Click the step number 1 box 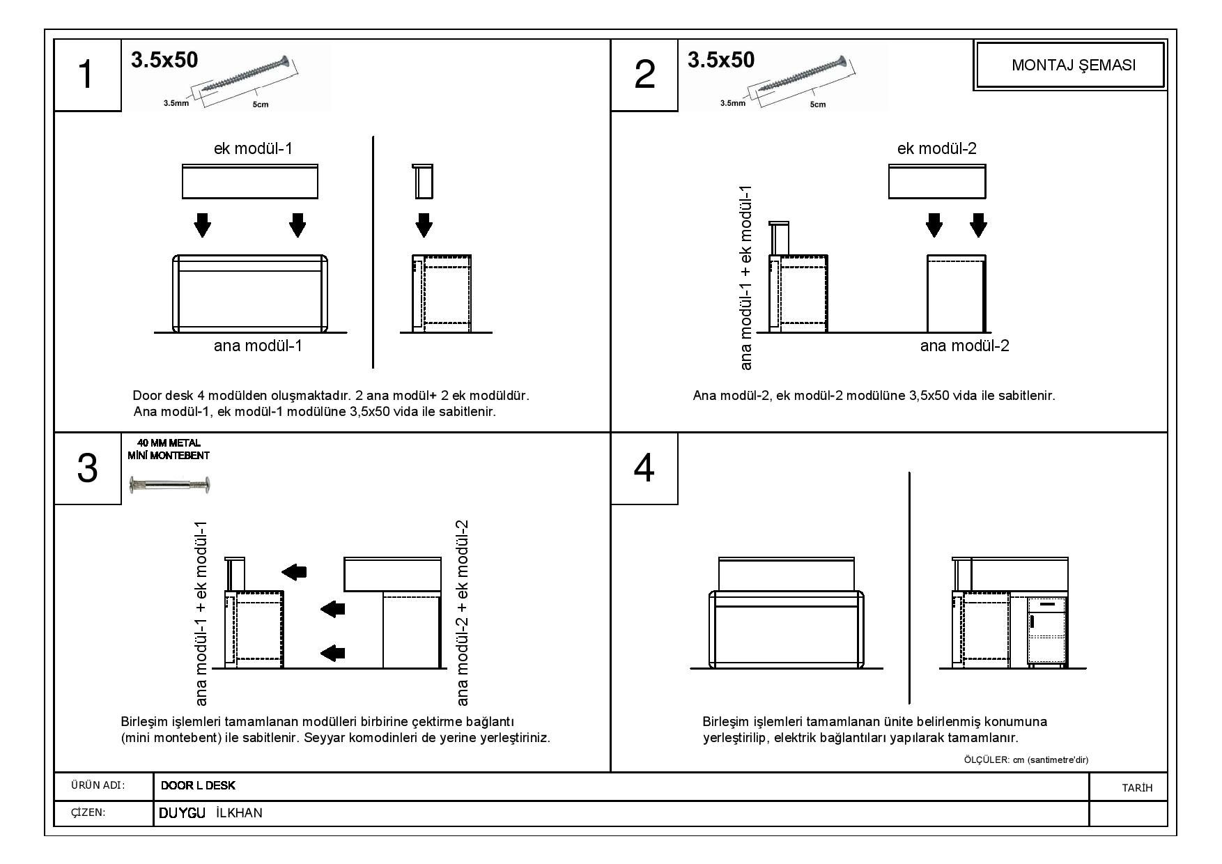[x=86, y=75]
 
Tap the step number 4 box [x=644, y=468]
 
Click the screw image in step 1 [x=244, y=77]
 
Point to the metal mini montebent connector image [x=170, y=484]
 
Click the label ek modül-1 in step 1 [x=253, y=148]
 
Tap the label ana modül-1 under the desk [x=258, y=346]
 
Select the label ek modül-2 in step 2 [x=936, y=148]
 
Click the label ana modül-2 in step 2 [x=964, y=346]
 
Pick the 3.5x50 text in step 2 [x=720, y=60]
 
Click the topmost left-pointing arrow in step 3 [x=294, y=572]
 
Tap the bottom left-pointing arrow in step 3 [x=332, y=653]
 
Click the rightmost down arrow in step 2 [x=978, y=225]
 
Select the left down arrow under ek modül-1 [x=202, y=225]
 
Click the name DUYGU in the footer [x=182, y=812]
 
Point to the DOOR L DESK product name [x=198, y=786]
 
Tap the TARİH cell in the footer [x=1137, y=787]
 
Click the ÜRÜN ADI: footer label [x=98, y=786]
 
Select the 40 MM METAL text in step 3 [x=169, y=443]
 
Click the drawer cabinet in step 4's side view [x=1047, y=631]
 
